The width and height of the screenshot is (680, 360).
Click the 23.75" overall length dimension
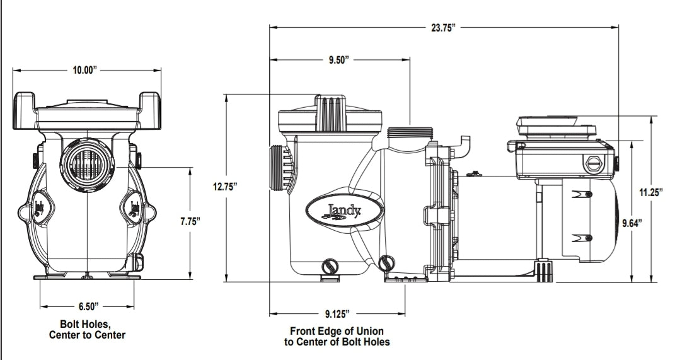pos(443,28)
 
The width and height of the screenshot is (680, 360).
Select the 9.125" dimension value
pos(337,313)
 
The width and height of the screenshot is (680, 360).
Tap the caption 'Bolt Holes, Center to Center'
pos(87,330)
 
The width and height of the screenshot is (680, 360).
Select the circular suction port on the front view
pos(87,166)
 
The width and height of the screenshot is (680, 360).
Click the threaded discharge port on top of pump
pos(410,132)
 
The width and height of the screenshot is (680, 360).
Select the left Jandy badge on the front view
pos(39,209)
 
